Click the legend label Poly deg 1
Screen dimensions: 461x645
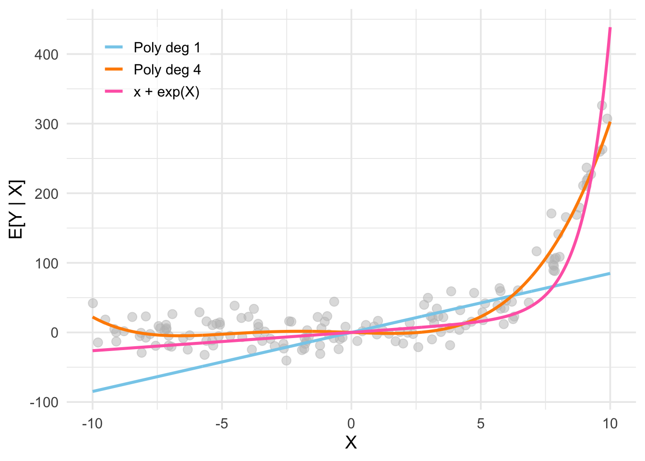click(167, 48)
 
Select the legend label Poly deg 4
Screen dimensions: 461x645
click(167, 70)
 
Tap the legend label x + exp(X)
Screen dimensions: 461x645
click(167, 92)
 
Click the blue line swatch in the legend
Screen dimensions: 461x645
click(114, 47)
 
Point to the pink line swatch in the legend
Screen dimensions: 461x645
click(114, 91)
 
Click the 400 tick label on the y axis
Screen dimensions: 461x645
click(46, 55)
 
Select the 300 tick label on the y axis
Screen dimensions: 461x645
click(46, 124)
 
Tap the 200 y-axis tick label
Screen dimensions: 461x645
click(46, 194)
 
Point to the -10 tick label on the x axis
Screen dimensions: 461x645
click(92, 424)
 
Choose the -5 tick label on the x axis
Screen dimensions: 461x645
click(222, 424)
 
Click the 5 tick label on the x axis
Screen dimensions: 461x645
click(481, 424)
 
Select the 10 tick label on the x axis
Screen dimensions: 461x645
click(610, 424)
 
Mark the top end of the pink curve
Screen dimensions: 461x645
click(610, 28)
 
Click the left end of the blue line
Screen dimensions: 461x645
click(93, 391)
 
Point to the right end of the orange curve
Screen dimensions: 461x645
click(610, 122)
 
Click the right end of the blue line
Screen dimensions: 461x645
click(610, 273)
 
